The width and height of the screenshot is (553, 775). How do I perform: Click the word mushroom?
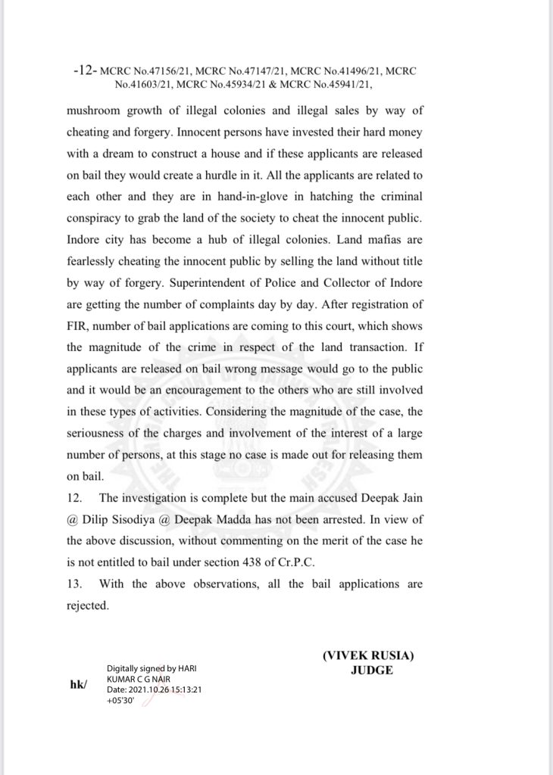(x=95, y=110)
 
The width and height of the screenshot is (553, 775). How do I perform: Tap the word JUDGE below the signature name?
(x=372, y=671)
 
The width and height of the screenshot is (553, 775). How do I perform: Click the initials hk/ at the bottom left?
(x=78, y=685)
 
